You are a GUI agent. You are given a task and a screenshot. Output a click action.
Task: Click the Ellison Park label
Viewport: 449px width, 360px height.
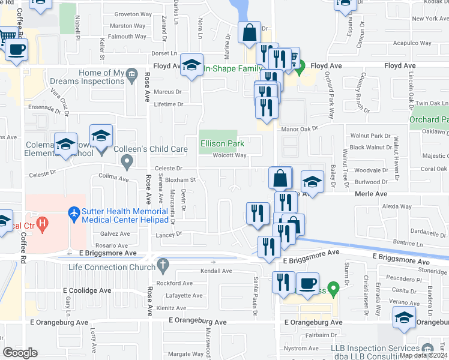[222, 144]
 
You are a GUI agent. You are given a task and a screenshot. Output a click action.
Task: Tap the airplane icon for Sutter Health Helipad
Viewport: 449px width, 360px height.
[74, 212]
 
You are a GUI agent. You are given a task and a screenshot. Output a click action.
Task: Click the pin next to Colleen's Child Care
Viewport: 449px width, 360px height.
[127, 161]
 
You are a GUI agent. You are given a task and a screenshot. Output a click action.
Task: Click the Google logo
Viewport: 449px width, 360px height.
[20, 353]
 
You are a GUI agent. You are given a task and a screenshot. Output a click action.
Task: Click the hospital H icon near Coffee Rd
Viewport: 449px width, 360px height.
[42, 226]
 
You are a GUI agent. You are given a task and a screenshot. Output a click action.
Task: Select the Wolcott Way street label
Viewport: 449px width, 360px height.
[230, 155]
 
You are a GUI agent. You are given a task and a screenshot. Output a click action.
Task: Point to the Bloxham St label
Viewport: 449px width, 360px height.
[181, 179]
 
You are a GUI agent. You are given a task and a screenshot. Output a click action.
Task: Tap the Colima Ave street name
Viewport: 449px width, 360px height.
[114, 178]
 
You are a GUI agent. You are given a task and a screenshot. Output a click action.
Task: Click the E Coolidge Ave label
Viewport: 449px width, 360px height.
[88, 290]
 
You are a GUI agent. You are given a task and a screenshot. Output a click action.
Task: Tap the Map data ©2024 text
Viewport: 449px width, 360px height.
[424, 355]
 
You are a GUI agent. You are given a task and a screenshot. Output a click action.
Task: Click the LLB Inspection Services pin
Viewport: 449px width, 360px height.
[427, 348]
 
